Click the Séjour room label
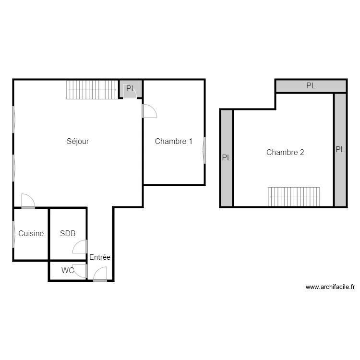tap(78, 141)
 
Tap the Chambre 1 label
tap(174, 141)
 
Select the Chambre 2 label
tap(285, 152)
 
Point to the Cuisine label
tap(31, 233)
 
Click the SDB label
tap(68, 233)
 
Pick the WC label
tap(68, 270)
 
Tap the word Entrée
tap(100, 257)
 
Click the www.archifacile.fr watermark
tap(330, 287)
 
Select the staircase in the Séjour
tap(92, 90)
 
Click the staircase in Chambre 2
tap(294, 197)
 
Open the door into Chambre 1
tap(149, 111)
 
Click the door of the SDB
tap(80, 247)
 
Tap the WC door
tap(80, 271)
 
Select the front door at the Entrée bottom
tap(100, 274)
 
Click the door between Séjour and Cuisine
tap(28, 201)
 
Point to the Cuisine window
tap(13, 234)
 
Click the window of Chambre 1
tap(204, 150)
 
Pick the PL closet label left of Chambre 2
tap(227, 157)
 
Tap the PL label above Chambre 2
tap(311, 85)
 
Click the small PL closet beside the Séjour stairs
tap(131, 89)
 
